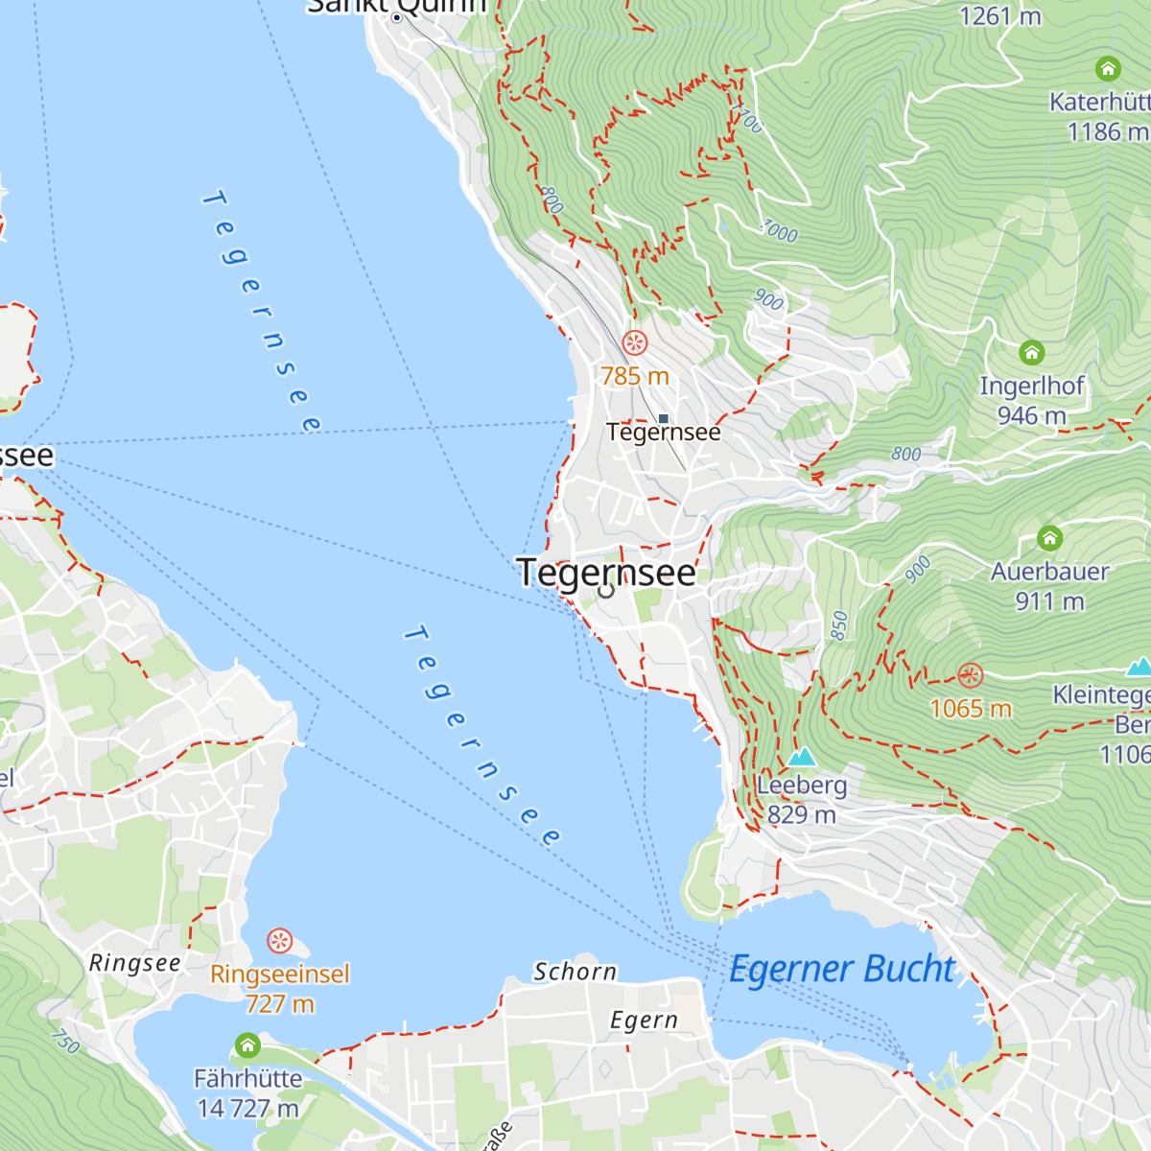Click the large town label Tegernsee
[x=606, y=573]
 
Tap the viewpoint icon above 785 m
[x=635, y=342]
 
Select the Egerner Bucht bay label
[x=842, y=969]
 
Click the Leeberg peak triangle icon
[x=801, y=757]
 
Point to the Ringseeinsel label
[x=280, y=975]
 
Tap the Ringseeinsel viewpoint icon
[x=279, y=940]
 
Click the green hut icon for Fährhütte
[x=247, y=1045]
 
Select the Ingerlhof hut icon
[x=1032, y=352]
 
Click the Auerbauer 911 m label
[x=1049, y=586]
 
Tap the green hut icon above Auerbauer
[x=1050, y=537]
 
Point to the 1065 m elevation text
[x=971, y=709]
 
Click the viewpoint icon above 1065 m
[x=971, y=675]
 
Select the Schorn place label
[x=575, y=972]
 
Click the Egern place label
[x=644, y=1020]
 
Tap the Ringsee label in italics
[x=134, y=963]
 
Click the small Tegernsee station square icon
[x=663, y=418]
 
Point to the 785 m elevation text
[x=635, y=376]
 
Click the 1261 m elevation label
[x=1000, y=16]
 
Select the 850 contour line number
[x=839, y=625]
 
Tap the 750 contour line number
[x=63, y=1041]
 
